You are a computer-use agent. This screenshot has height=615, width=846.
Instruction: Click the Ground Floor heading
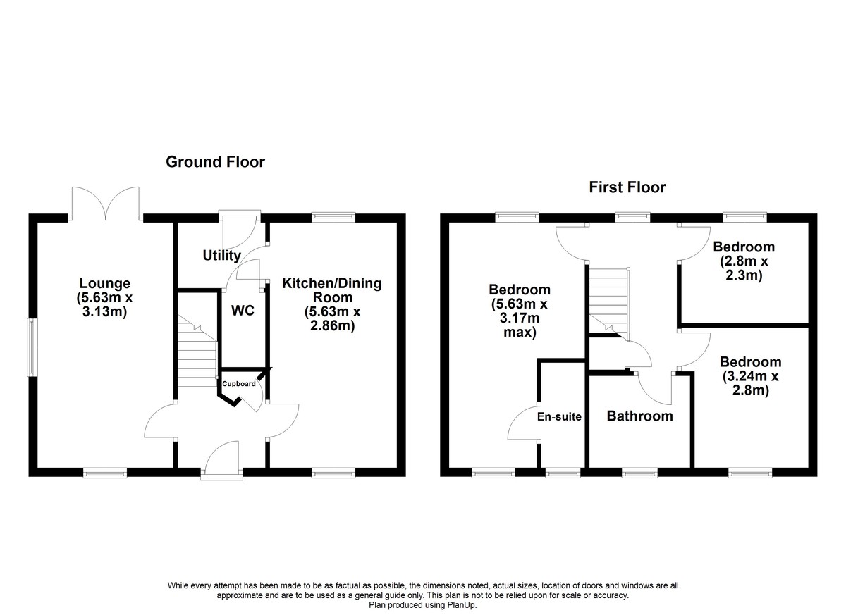[x=215, y=162]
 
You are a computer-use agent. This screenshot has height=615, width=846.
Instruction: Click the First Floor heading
[x=627, y=187]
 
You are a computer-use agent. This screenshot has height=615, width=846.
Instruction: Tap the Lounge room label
[x=105, y=283]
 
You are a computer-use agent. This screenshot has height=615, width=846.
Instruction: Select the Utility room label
[x=221, y=256]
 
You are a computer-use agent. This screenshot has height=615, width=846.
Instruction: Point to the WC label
[x=243, y=311]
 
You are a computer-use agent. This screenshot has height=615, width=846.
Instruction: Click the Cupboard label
[x=239, y=384]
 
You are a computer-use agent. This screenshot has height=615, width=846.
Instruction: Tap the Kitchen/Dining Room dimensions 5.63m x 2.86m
[x=332, y=318]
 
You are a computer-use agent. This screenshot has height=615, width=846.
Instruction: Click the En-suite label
[x=559, y=416]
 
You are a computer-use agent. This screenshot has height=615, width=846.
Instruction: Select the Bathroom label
[x=640, y=416]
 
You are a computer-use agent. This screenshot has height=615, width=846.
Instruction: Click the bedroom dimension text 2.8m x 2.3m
[x=744, y=268]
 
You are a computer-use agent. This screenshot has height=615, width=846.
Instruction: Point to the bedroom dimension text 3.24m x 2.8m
[x=750, y=383]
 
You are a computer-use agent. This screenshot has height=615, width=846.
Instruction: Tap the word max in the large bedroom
[x=520, y=333]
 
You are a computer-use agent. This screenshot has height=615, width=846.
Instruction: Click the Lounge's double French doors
[x=106, y=203]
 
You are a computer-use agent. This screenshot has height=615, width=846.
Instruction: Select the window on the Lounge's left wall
[x=32, y=347]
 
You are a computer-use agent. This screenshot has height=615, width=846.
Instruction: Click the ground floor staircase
[x=197, y=351]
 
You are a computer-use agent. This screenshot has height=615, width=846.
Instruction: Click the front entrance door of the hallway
[x=221, y=460]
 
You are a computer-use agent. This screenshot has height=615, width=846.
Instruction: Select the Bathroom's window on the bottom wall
[x=640, y=473]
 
